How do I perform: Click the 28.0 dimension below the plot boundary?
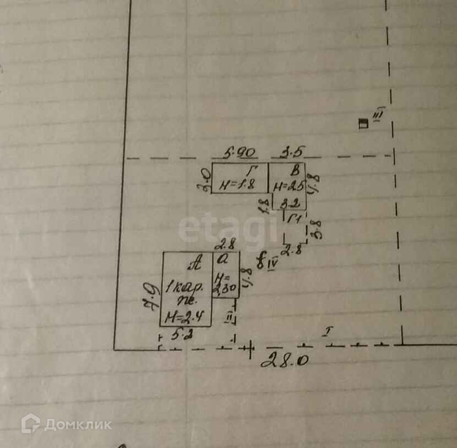284,360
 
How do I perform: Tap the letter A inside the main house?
194,265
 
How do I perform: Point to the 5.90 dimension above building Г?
238,152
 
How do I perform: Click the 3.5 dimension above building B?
293,152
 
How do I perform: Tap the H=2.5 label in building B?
288,186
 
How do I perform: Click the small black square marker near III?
362,123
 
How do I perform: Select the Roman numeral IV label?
272,265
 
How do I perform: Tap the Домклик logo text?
77,424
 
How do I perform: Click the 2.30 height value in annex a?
226,286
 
